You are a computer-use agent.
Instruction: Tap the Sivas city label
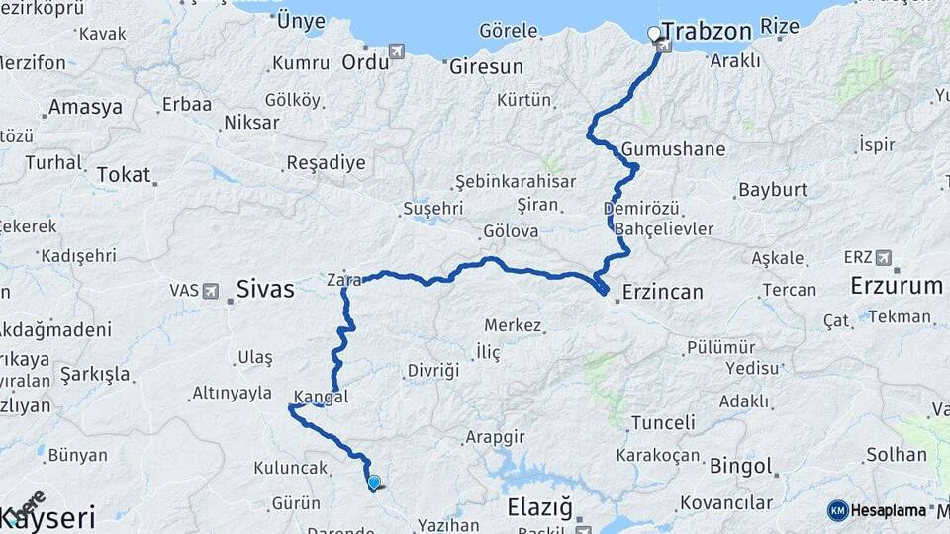(265, 289)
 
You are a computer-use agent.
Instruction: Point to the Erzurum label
(897, 287)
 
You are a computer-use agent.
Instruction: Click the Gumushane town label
(674, 149)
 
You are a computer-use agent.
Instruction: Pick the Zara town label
(343, 280)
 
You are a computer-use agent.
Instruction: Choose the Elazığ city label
(539, 508)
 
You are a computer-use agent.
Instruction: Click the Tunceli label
(655, 423)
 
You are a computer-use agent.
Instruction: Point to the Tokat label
(124, 176)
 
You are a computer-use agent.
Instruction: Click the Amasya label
(85, 107)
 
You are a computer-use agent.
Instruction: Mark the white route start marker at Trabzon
(653, 33)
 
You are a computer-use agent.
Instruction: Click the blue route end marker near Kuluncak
(374, 483)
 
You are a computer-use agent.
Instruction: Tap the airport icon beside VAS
(211, 291)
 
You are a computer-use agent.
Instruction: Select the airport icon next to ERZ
(884, 258)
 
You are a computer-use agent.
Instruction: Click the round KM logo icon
(838, 510)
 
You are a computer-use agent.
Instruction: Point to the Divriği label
(433, 371)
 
